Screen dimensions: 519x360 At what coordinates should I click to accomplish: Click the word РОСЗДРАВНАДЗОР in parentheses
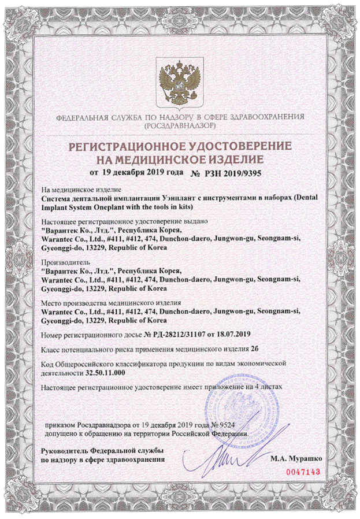coord(180,125)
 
